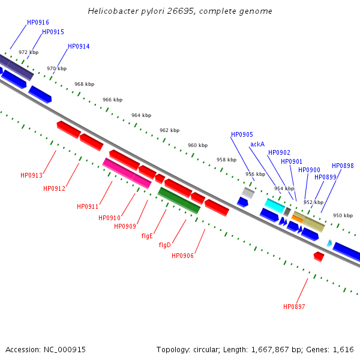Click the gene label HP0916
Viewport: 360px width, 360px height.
[x=38, y=22]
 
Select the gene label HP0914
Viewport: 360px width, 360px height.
[x=79, y=46]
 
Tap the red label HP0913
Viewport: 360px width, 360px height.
[x=31, y=175]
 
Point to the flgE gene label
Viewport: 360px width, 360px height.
[x=147, y=236]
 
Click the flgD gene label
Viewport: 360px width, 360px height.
[x=164, y=245]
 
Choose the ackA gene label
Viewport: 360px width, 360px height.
[x=257, y=144]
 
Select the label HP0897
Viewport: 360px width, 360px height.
[x=294, y=307]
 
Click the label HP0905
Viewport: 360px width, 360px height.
[x=242, y=134]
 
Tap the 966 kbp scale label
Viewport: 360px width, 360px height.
[x=112, y=100]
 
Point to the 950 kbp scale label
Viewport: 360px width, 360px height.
[x=343, y=215]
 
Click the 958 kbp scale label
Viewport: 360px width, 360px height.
[x=226, y=160]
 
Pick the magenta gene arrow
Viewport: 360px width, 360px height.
[x=127, y=173]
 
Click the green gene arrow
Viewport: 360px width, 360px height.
[x=179, y=200]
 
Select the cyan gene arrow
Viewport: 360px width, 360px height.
[x=274, y=206]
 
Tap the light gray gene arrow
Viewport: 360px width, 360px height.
[x=248, y=193]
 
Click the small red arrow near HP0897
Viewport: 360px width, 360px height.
[x=319, y=256]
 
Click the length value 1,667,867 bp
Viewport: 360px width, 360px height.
[x=279, y=349]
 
